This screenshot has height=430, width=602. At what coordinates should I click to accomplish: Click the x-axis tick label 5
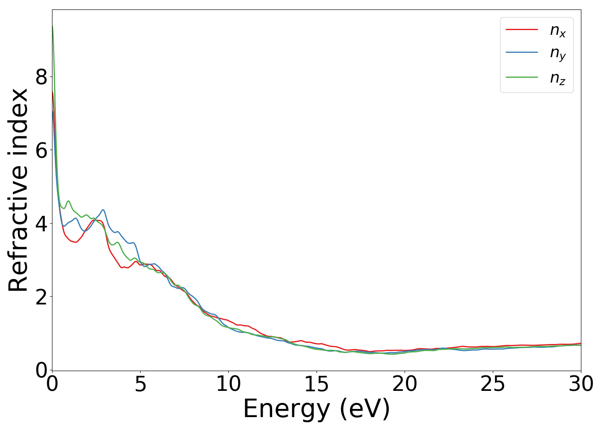click(141, 385)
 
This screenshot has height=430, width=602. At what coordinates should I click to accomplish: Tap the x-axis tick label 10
click(228, 385)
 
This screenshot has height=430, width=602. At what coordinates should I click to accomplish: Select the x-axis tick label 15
click(316, 385)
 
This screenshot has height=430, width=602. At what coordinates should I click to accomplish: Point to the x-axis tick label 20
click(405, 385)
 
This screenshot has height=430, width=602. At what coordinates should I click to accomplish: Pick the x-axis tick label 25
click(493, 385)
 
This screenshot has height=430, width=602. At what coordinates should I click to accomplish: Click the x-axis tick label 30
click(580, 385)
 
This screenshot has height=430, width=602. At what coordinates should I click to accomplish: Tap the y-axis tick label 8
click(41, 77)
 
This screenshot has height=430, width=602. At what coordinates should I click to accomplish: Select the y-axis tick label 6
click(41, 150)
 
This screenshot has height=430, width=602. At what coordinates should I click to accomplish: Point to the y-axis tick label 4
click(41, 224)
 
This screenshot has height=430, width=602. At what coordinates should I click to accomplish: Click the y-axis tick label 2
click(41, 297)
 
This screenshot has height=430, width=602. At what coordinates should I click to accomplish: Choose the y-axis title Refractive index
click(18, 190)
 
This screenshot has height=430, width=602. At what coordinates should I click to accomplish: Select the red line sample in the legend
click(522, 29)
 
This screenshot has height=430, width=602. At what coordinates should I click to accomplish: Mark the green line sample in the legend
click(522, 77)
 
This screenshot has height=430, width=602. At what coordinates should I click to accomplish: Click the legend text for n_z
click(558, 78)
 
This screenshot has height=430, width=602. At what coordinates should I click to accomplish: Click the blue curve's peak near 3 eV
click(103, 210)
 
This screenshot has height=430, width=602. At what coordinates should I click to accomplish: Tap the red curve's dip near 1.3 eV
click(76, 243)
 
